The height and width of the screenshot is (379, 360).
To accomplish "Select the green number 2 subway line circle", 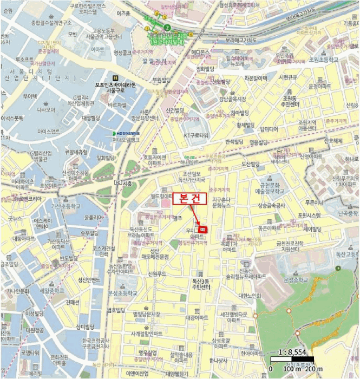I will pyautogui.click(x=167, y=27).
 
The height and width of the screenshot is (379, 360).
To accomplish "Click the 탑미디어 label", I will pyautogui.click(x=269, y=129).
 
